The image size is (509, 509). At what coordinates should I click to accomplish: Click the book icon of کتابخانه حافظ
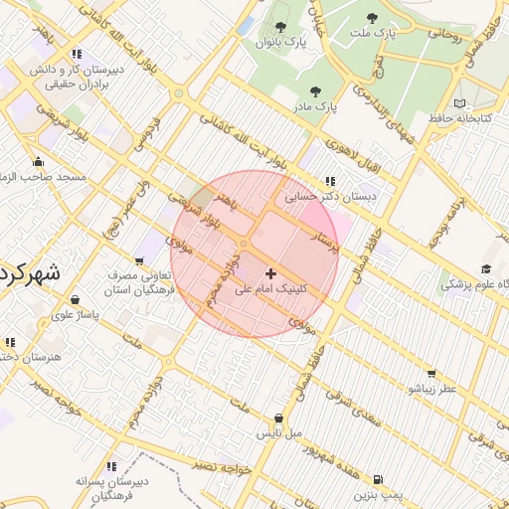click(458, 103)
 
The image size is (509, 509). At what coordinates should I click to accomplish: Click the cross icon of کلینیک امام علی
click(270, 272)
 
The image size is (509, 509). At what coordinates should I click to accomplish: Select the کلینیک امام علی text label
click(271, 290)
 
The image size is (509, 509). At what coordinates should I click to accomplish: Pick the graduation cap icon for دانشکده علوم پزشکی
click(486, 268)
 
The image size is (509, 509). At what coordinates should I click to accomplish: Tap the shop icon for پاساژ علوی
click(76, 298)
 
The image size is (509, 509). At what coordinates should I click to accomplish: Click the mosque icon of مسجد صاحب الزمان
click(39, 162)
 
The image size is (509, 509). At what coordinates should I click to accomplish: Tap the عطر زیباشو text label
click(430, 389)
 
